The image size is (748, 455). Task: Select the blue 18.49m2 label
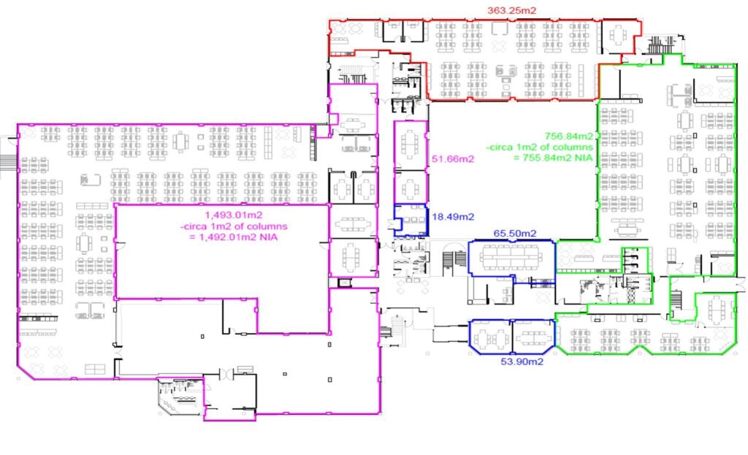pyautogui.click(x=454, y=217)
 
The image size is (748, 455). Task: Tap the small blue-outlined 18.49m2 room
pyautogui.click(x=411, y=219)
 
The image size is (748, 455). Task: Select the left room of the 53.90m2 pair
pyautogui.click(x=490, y=337)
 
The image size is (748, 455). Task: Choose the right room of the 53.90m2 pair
pyautogui.click(x=534, y=337)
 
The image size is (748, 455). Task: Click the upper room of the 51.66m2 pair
pyautogui.click(x=410, y=145)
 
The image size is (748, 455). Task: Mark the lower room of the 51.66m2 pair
pyautogui.click(x=410, y=186)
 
